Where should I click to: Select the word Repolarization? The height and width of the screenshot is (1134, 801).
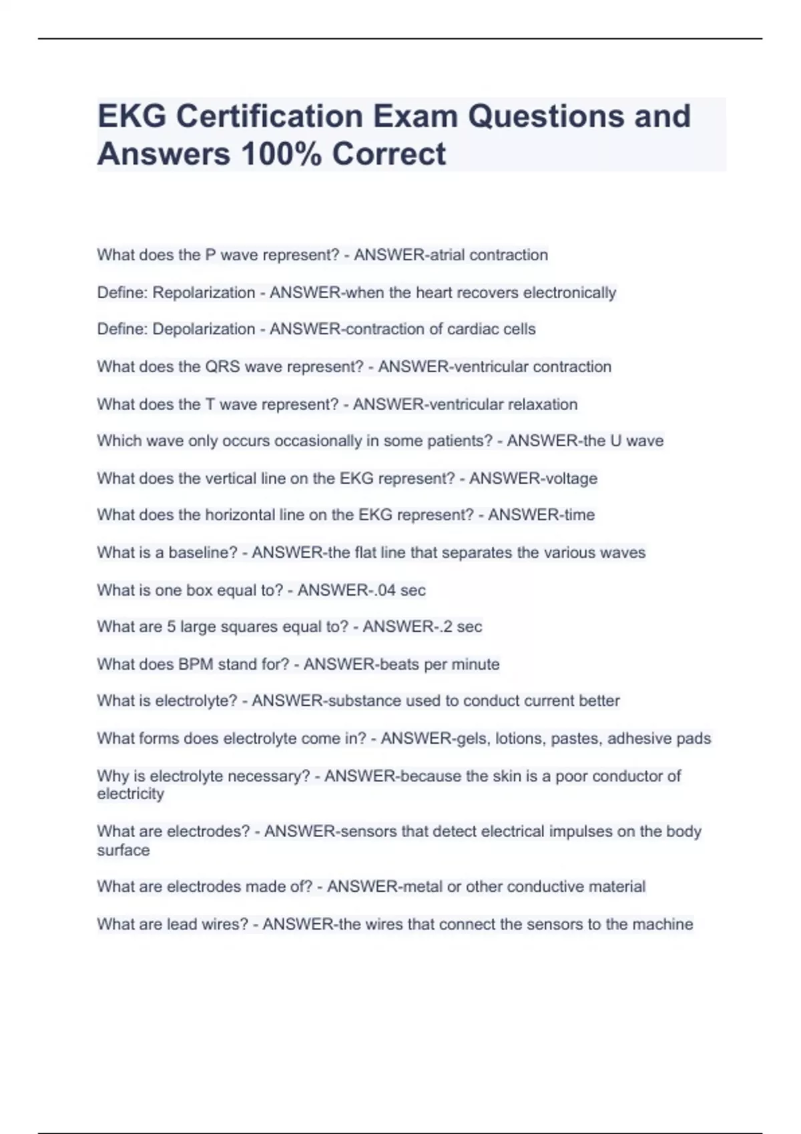(204, 292)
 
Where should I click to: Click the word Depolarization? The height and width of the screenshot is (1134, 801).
(204, 329)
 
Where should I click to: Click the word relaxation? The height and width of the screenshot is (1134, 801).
(543, 404)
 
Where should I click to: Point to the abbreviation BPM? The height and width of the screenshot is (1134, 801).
(195, 664)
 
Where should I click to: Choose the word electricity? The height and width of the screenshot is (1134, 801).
(130, 794)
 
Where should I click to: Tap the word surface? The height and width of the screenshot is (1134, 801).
(123, 850)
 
